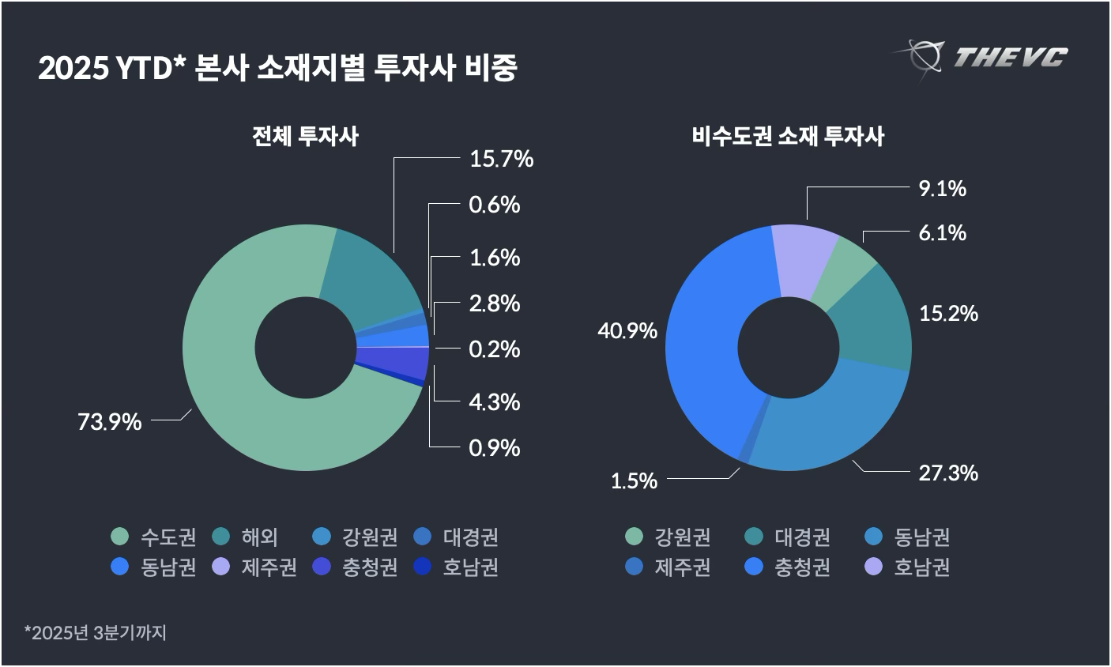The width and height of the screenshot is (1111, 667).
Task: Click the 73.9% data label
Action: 109,422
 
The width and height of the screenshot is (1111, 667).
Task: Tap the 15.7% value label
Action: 501,159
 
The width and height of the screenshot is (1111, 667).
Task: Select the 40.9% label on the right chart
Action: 627,330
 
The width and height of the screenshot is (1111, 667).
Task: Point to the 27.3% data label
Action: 947,473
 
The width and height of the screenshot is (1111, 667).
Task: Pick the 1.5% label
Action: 634,480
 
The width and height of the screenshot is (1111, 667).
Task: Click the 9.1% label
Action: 943,188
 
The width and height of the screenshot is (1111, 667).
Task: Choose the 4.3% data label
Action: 495,401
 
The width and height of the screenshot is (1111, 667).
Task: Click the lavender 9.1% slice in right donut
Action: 802,261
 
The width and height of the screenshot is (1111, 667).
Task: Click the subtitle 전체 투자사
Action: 305,136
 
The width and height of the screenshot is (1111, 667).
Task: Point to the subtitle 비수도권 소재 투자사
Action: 788,136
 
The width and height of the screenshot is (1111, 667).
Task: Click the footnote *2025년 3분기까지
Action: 96,632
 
